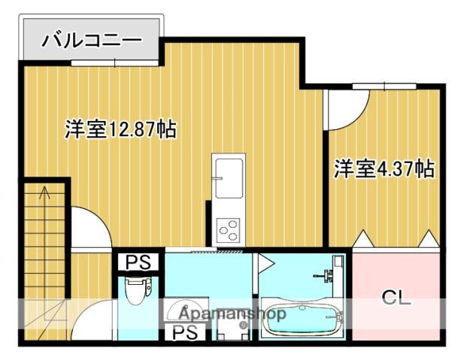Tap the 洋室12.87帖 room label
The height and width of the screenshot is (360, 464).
click(120, 129)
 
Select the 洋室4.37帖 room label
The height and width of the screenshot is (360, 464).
click(384, 168)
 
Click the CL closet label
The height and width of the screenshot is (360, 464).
click(396, 298)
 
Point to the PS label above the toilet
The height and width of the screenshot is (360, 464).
click(137, 262)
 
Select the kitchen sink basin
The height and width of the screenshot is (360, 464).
click(227, 177)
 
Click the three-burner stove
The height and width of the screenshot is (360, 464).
click(227, 227)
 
